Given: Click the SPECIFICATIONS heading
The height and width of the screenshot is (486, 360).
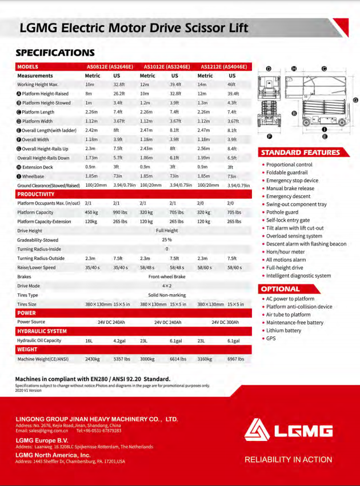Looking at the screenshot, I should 55,53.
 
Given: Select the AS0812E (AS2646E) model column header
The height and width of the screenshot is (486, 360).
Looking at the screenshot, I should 110,67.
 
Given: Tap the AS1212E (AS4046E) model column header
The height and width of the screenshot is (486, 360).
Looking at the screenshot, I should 223,67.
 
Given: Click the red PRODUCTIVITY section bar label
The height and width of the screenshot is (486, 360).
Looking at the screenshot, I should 35,194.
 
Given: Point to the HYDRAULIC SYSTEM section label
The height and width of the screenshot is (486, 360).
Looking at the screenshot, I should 42,331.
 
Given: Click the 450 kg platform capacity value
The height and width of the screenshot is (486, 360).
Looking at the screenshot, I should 92,212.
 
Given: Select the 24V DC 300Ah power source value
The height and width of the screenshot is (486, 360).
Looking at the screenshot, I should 225,322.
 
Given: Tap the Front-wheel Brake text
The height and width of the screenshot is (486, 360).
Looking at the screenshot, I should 167,276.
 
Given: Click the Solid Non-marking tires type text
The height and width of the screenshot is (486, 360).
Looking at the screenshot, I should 167,295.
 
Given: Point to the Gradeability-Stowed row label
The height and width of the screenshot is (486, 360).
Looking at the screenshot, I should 38,240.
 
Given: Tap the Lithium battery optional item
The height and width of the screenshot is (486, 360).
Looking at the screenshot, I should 283,331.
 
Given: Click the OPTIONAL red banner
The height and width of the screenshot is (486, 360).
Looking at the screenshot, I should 281,289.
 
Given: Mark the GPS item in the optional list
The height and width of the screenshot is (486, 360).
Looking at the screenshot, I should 271,339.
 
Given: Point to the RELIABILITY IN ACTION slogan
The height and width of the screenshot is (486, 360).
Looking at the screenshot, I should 289,459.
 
